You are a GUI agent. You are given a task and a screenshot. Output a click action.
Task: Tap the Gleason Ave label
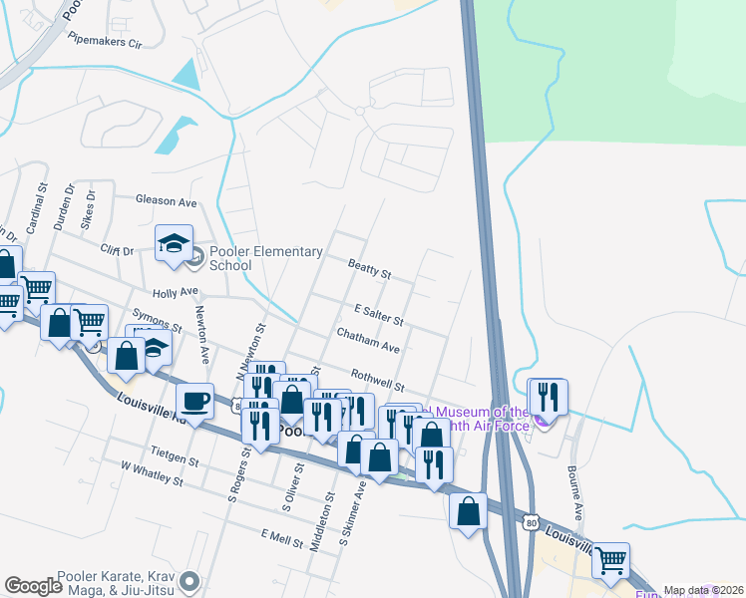point(168,201)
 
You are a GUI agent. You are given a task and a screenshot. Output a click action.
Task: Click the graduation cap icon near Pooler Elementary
point(174,242)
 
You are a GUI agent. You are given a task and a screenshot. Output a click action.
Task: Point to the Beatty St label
point(369,268)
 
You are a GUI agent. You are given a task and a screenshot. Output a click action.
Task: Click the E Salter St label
point(378,316)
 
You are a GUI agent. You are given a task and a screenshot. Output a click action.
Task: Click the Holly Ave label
point(176,293)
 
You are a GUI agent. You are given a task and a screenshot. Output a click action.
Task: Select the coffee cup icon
point(194,401)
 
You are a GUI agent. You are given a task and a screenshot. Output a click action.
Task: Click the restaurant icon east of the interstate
point(548,396)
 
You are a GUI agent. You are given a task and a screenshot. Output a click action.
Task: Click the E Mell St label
point(281,537)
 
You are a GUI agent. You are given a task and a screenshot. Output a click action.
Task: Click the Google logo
point(33,585)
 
